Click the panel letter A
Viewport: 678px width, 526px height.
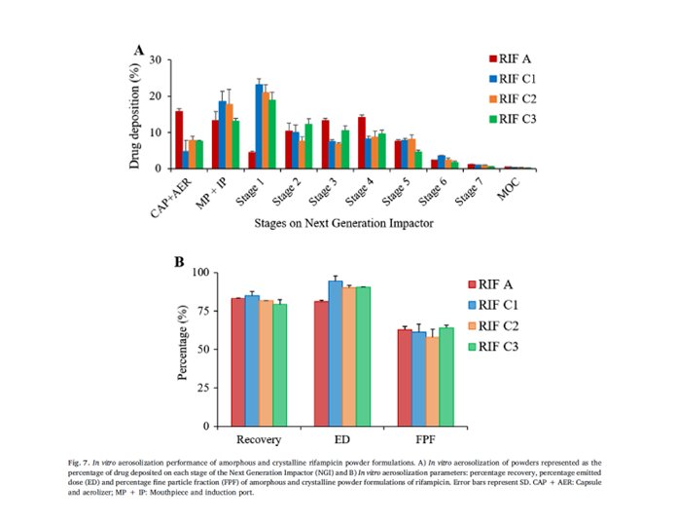tap(140, 50)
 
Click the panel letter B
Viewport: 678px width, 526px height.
tap(179, 262)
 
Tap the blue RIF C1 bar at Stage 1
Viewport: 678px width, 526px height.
tap(259, 127)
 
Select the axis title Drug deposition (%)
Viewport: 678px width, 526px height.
tap(137, 114)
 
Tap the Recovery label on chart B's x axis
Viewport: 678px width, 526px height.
tap(252, 439)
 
